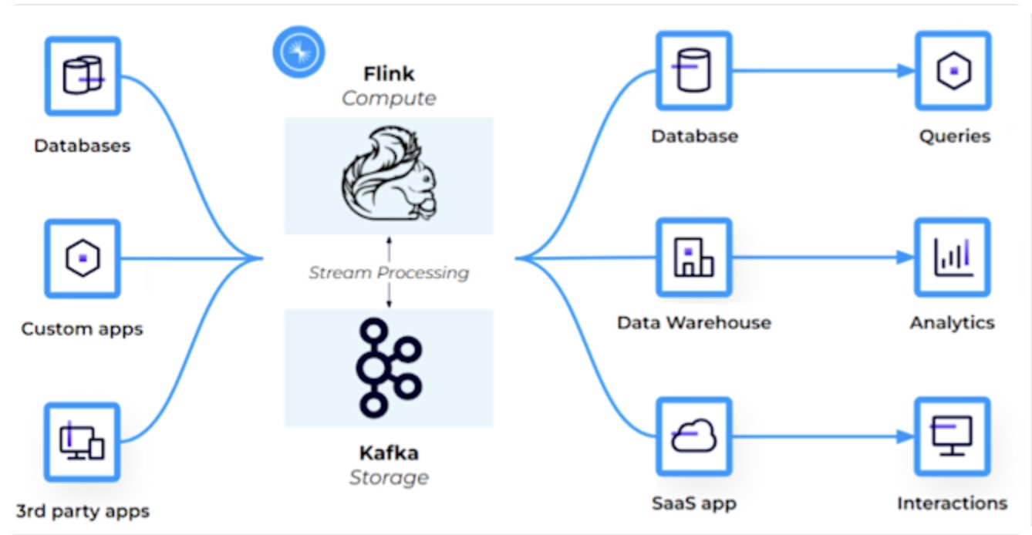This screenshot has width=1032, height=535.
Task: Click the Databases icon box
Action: [83, 75]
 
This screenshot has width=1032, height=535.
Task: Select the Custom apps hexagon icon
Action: [83, 258]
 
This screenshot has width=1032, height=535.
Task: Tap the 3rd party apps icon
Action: [83, 442]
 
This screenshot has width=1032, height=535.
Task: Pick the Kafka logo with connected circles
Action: [389, 368]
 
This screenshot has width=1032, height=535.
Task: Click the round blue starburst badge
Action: [298, 52]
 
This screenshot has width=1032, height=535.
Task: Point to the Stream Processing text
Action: [389, 272]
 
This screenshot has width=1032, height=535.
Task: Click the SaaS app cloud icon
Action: [693, 437]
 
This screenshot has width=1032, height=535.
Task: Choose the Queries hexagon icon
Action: [953, 70]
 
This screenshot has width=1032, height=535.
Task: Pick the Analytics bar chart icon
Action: [953, 257]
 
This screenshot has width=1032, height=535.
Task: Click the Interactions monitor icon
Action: [953, 436]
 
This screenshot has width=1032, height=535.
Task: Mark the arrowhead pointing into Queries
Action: [906, 71]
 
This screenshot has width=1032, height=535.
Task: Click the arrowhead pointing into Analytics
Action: [906, 257]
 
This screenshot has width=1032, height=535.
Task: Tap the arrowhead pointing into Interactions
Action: [906, 437]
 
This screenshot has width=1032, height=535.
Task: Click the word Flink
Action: [389, 74]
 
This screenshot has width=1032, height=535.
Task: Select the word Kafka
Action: [389, 453]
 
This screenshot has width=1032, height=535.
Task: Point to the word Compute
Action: [389, 99]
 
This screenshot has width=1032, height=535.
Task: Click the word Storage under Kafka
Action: [389, 477]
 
